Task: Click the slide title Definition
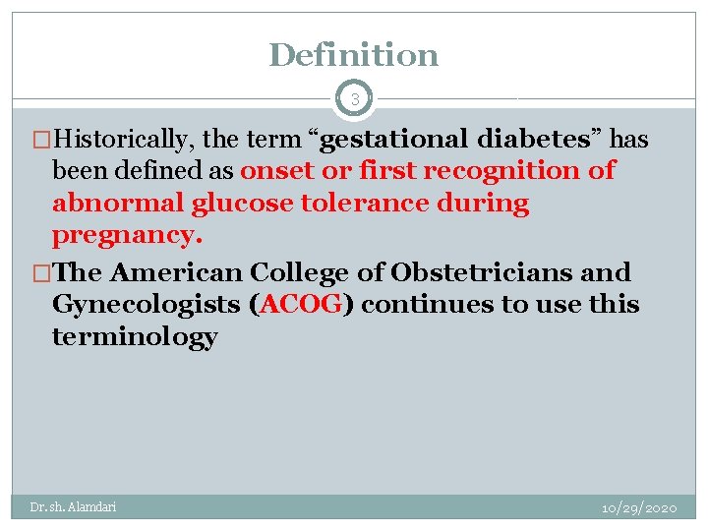point(354,55)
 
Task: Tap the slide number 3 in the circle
point(354,99)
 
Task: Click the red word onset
point(274,170)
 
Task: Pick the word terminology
point(135,337)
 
